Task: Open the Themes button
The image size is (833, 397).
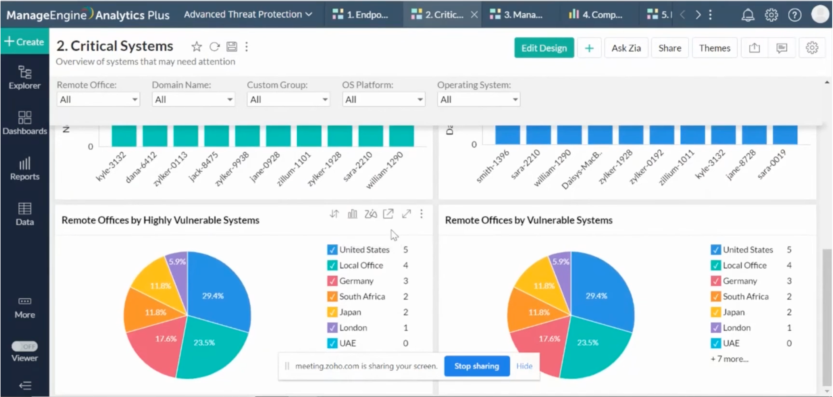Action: pyautogui.click(x=714, y=48)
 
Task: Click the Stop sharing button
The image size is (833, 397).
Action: pyautogui.click(x=477, y=366)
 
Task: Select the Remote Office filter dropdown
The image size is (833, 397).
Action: pyautogui.click(x=98, y=99)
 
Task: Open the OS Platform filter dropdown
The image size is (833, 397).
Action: pyautogui.click(x=384, y=99)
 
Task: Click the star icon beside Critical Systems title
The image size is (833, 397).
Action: pyautogui.click(x=196, y=47)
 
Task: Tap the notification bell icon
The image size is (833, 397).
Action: pyautogui.click(x=748, y=15)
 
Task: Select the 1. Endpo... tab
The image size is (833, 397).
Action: pyautogui.click(x=361, y=15)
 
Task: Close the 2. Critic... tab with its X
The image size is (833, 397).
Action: pyautogui.click(x=474, y=15)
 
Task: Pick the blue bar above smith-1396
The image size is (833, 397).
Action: pyautogui.click(x=507, y=135)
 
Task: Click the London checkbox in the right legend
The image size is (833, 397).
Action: pyautogui.click(x=715, y=328)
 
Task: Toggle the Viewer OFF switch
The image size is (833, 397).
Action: pyautogui.click(x=24, y=346)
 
